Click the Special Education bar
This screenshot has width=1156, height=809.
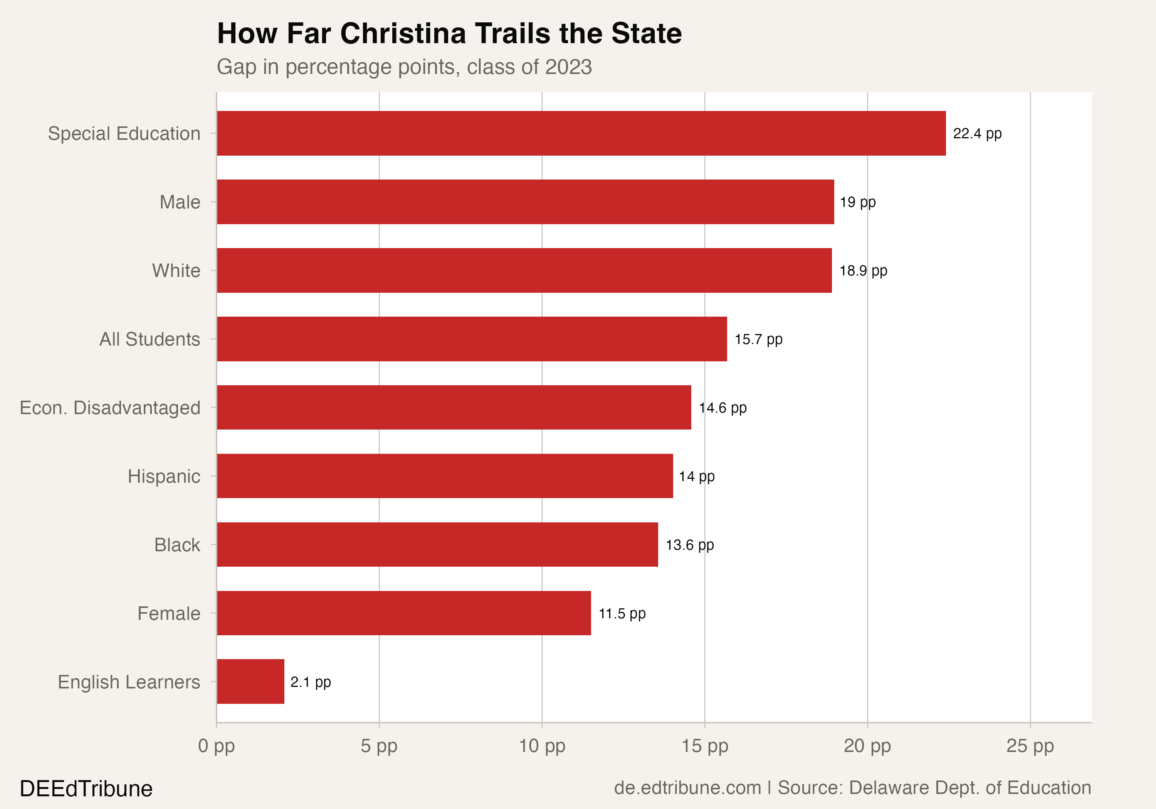581,133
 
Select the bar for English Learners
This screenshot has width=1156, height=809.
250,681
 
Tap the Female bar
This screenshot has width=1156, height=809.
404,613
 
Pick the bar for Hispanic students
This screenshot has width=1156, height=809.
445,476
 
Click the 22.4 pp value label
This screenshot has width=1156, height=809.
977,134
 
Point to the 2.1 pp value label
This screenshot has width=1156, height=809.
310,682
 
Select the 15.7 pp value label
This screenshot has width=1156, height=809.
758,339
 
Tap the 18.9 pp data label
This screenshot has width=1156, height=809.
863,271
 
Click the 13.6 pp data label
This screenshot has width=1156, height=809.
689,545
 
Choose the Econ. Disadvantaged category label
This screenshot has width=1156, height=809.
110,408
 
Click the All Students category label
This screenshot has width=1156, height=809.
150,339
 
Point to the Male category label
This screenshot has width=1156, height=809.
180,202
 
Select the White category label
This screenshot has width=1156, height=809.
176,271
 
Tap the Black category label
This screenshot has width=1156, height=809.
177,545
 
